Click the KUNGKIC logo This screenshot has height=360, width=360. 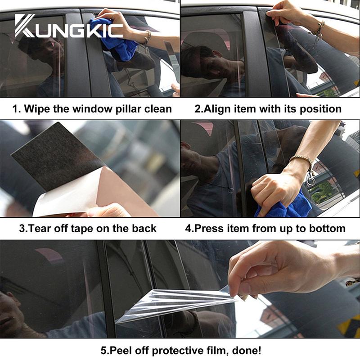pyautogui.click(x=69, y=26)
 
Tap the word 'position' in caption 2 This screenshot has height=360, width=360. pyautogui.click(x=320, y=109)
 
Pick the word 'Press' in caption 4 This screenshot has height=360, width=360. pyautogui.click(x=209, y=229)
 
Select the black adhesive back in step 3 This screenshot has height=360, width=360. pyautogui.click(x=58, y=156)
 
